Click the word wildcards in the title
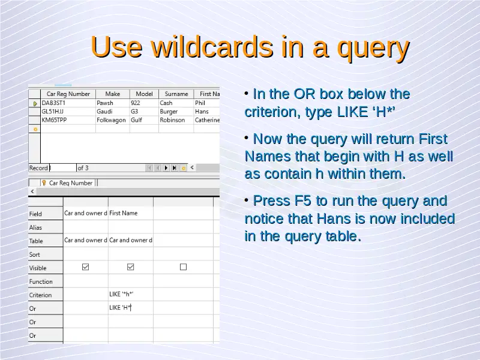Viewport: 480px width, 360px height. click(212, 47)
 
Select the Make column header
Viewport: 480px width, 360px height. click(113, 94)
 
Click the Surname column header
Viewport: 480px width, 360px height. click(176, 94)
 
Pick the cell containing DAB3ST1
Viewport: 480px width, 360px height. click(53, 103)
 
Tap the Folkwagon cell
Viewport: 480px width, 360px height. click(111, 120)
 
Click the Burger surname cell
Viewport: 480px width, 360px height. click(169, 112)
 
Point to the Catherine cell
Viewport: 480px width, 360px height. click(207, 120)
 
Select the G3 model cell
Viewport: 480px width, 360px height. click(134, 112)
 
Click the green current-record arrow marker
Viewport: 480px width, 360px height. click(35, 103)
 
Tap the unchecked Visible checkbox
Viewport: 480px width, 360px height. click(183, 267)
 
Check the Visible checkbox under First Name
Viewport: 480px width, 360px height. click(130, 267)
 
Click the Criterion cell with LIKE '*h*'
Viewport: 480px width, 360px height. click(121, 294)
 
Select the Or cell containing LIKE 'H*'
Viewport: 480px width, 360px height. click(121, 308)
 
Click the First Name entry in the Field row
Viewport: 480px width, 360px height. click(124, 213)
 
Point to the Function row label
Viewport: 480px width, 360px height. click(41, 281)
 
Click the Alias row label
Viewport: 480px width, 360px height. click(35, 227)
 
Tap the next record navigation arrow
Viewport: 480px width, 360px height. click(166, 168)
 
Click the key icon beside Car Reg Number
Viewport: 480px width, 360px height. click(44, 183)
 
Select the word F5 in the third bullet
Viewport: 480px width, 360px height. click(302, 201)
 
